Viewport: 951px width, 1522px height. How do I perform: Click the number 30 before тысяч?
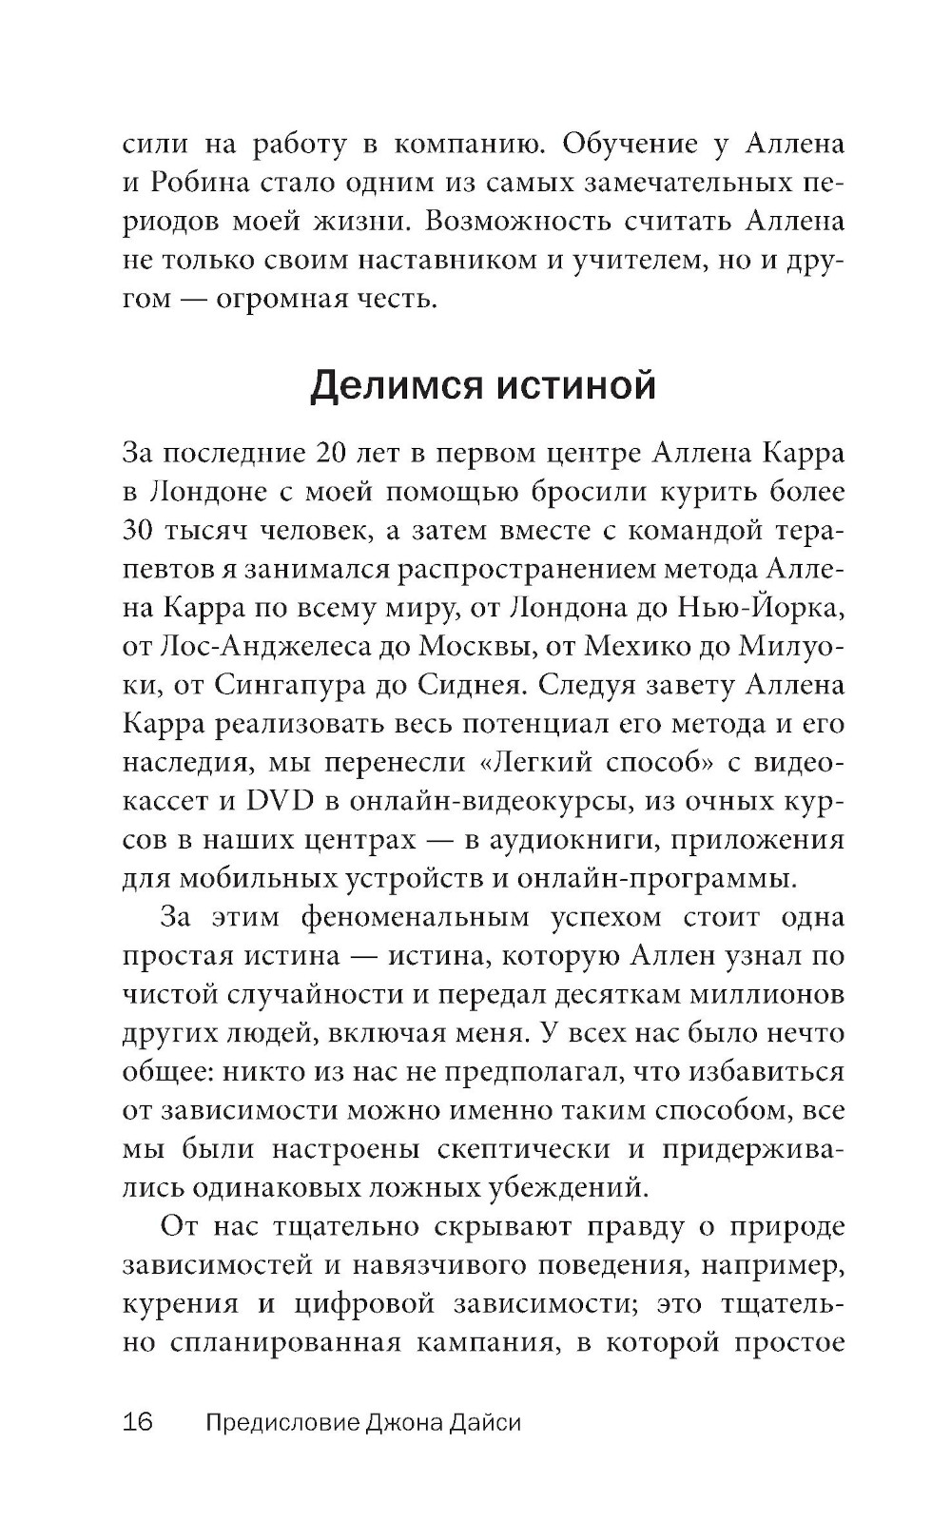(141, 530)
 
